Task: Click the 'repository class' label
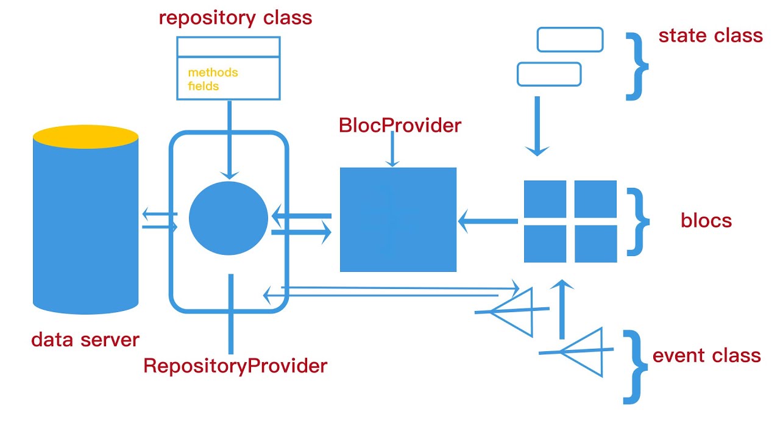pyautogui.click(x=235, y=18)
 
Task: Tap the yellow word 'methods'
pyautogui.click(x=213, y=73)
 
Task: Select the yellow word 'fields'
pyautogui.click(x=203, y=86)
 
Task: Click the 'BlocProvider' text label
pyautogui.click(x=400, y=126)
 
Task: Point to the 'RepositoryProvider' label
pyautogui.click(x=235, y=366)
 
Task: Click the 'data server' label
pyautogui.click(x=85, y=340)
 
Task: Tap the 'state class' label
pyautogui.click(x=710, y=36)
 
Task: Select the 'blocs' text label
pyautogui.click(x=706, y=220)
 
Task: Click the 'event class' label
pyautogui.click(x=706, y=355)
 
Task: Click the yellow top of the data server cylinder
pyautogui.click(x=85, y=137)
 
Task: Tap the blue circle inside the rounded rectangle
pyautogui.click(x=229, y=218)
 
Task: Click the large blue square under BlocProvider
pyautogui.click(x=398, y=220)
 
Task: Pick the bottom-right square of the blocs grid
pyautogui.click(x=595, y=243)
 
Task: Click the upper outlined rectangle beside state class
pyautogui.click(x=570, y=40)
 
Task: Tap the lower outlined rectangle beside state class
pyautogui.click(x=548, y=74)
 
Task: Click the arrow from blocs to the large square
pyautogui.click(x=487, y=221)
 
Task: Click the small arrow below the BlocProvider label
pyautogui.click(x=392, y=149)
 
